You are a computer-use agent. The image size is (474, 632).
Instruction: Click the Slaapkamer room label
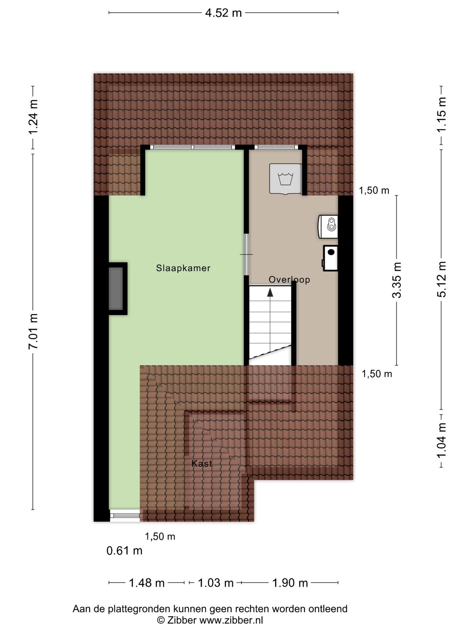click(183, 268)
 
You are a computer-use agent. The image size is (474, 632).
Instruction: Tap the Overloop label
click(289, 279)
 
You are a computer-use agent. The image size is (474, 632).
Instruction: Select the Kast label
click(202, 463)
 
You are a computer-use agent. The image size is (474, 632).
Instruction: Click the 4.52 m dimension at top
click(224, 13)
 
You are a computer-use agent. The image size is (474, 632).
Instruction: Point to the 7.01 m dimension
click(34, 331)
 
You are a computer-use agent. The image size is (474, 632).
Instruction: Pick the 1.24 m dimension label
click(34, 117)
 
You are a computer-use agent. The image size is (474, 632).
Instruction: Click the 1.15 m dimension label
click(441, 115)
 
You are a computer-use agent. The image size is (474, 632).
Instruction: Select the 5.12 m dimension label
click(441, 279)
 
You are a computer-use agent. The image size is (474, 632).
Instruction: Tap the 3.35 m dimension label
click(397, 280)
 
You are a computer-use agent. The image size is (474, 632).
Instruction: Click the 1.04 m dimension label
click(441, 440)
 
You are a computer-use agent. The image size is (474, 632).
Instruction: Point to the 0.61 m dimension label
click(124, 551)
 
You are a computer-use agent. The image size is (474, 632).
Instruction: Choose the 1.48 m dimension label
click(146, 583)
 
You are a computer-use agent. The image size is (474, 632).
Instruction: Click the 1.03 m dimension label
click(215, 583)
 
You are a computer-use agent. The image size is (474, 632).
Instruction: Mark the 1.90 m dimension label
click(290, 583)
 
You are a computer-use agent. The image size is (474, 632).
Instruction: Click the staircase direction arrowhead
click(270, 292)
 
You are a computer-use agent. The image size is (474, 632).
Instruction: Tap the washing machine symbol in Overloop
click(285, 179)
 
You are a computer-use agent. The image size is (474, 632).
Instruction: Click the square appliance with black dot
click(330, 258)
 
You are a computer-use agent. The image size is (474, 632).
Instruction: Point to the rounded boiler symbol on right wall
click(328, 226)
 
